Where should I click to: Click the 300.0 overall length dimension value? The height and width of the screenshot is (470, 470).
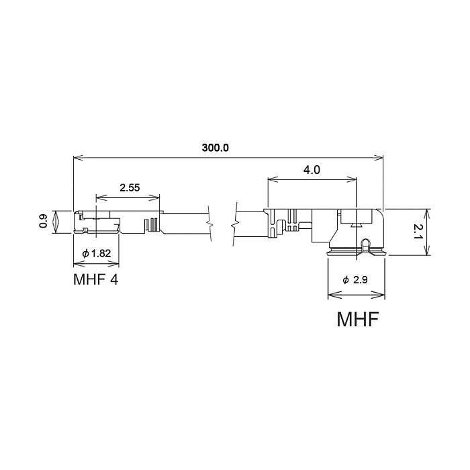point(216,148)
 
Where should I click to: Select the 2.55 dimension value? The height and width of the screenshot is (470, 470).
point(130,188)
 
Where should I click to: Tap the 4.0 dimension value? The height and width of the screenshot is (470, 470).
point(312,170)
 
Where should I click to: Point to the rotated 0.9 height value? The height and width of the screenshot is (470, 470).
point(44,222)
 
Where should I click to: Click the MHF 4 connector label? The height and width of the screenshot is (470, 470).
point(95,279)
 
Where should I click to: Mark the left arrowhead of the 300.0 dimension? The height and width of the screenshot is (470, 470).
point(76,158)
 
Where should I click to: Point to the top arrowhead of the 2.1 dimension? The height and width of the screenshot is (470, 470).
point(426,211)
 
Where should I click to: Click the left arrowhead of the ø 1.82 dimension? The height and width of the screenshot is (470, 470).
point(76,263)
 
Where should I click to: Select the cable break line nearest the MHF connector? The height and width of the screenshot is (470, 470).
point(236,220)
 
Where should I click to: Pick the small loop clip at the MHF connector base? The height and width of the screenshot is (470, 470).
point(366,245)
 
